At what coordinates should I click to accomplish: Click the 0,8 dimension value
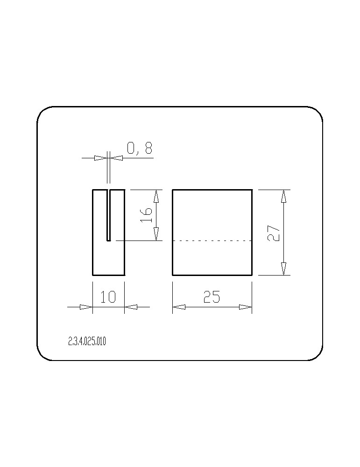[x=140, y=148]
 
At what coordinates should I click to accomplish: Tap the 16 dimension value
[x=146, y=215]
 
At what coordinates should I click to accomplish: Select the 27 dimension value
[x=274, y=233]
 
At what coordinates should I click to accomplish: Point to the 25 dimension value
[x=212, y=297]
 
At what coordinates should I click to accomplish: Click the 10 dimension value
[x=108, y=297]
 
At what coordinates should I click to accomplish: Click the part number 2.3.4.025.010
[x=87, y=341]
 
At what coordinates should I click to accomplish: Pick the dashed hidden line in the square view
[x=212, y=241]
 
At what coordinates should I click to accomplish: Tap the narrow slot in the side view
[x=109, y=215]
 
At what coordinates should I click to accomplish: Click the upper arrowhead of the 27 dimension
[x=283, y=196]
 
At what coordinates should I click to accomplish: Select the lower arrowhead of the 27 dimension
[x=283, y=269]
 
